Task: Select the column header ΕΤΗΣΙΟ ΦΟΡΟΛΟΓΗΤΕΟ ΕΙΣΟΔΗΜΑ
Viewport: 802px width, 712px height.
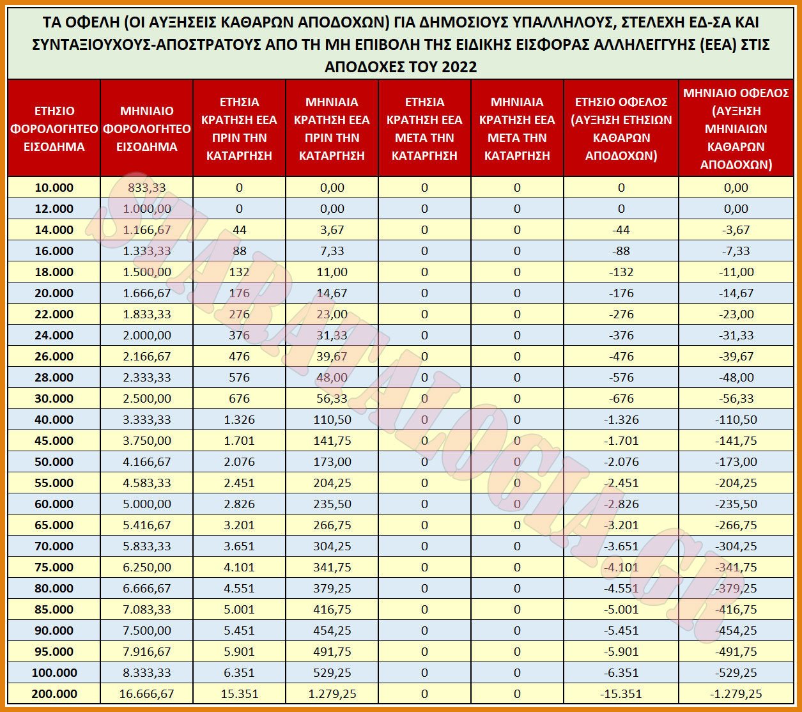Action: tap(54, 128)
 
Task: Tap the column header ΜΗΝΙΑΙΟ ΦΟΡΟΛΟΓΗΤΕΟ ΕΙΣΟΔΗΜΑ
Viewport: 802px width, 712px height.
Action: tap(146, 128)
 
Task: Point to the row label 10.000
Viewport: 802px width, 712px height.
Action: tap(54, 187)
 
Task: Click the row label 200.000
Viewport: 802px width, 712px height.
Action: tap(54, 693)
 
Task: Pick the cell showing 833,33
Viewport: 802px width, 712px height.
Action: tap(146, 187)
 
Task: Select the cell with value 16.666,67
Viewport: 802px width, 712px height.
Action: tap(146, 693)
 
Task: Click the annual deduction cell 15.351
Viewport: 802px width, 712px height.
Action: tap(239, 693)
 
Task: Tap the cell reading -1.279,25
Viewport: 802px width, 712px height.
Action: tap(736, 693)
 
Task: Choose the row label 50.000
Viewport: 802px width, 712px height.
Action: tap(54, 461)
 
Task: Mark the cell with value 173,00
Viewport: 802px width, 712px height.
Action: tap(332, 461)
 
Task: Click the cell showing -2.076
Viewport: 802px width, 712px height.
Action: tap(621, 461)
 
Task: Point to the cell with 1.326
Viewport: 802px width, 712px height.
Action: tap(239, 420)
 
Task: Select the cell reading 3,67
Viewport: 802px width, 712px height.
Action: tap(332, 229)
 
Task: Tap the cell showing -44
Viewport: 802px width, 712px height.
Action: tap(621, 229)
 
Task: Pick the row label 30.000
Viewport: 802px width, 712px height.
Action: tap(54, 398)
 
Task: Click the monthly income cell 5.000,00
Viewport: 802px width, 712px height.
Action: tap(146, 504)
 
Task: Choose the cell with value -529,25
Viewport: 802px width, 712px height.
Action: tap(736, 673)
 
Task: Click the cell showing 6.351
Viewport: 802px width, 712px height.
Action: tap(239, 673)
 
